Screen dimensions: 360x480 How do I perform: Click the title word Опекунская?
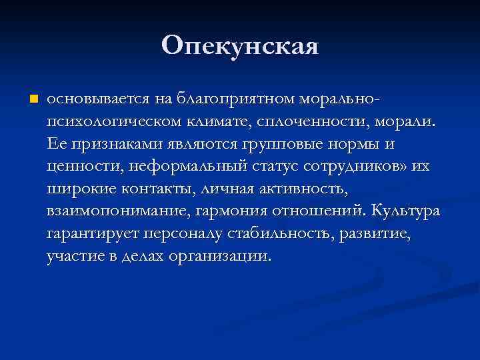240,46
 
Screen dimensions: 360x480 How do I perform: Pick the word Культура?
406,212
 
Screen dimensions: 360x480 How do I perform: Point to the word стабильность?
281,235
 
